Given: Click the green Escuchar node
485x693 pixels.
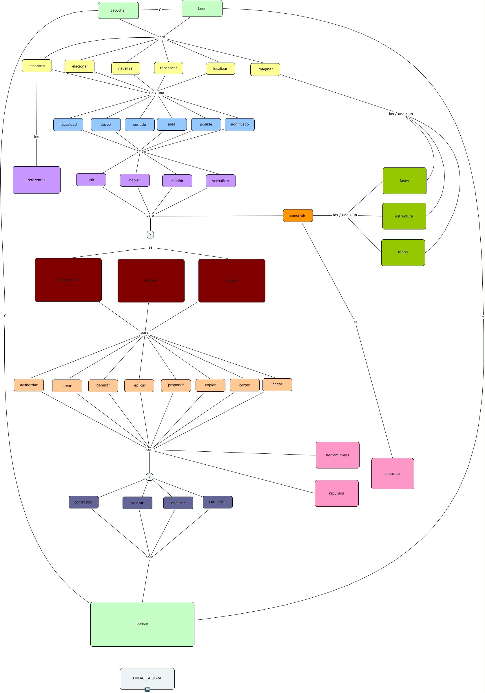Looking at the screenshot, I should pos(118,10).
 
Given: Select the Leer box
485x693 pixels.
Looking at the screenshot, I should pos(202,8).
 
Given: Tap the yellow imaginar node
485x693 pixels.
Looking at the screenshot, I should pos(265,70).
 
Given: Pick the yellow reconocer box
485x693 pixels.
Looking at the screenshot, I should pos(168,68).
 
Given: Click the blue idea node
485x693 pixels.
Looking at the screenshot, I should pos(172,124).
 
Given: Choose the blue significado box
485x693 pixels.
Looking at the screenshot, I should pos(240,124).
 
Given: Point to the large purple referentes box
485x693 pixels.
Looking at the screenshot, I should pos(37,180).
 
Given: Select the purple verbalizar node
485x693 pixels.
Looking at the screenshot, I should pos(220,181).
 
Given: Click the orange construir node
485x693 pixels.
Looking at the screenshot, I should pos(298,216).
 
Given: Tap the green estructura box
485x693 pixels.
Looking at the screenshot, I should pos(404,216).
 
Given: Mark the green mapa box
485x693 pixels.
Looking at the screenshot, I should pos(403,252).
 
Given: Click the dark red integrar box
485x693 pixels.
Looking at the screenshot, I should pos(151,280).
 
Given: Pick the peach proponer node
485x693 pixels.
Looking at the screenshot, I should pos(176,385).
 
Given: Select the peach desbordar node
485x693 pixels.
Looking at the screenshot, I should pos(29,385).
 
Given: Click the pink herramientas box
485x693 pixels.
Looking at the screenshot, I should pos(338,455).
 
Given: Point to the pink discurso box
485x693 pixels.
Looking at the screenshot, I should pos(392,474).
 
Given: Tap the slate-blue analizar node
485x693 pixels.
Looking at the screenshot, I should pos(178,503).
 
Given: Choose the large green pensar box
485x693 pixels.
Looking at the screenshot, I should pos(142,624).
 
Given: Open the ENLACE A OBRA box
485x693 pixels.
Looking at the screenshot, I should pos(147,678).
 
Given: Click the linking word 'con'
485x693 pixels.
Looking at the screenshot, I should pos(149,450).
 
